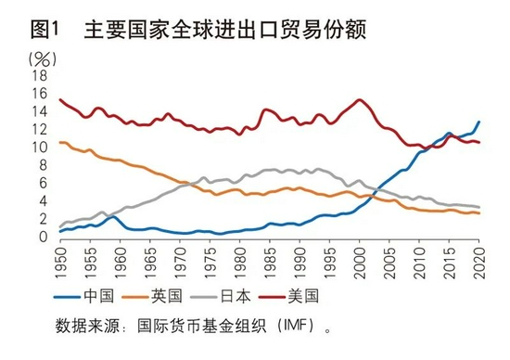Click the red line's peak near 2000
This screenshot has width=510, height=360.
coord(360,99)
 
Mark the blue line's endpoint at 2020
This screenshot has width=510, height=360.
coord(479,122)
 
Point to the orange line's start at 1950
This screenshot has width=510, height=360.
coord(60,142)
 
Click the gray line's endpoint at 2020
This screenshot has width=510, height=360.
coord(479,207)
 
